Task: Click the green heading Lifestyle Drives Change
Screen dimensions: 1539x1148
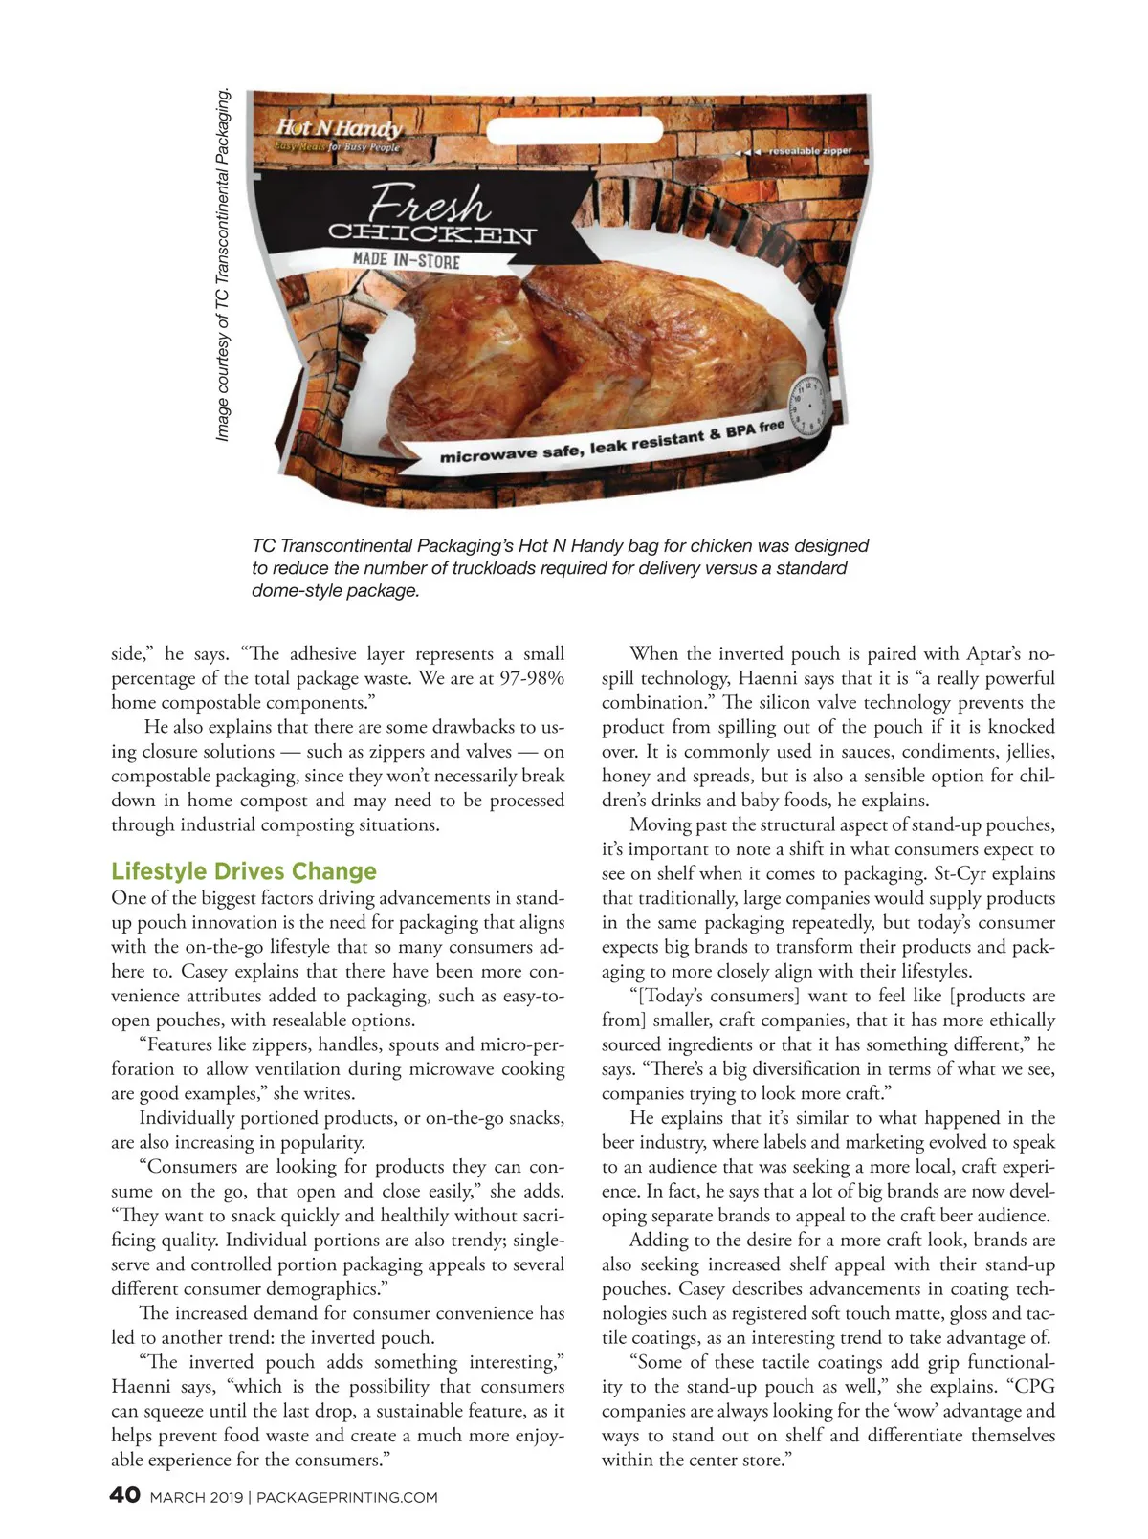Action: pyautogui.click(x=244, y=871)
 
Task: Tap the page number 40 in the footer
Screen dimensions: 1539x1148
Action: pyautogui.click(x=125, y=1495)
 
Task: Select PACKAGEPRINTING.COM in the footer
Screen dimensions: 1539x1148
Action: pyautogui.click(x=347, y=1497)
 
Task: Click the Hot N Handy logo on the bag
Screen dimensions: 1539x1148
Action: pyautogui.click(x=340, y=128)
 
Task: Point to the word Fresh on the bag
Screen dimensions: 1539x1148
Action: pyautogui.click(x=430, y=203)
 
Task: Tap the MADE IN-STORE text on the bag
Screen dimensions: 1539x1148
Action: pyautogui.click(x=406, y=260)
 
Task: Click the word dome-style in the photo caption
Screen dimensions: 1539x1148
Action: pyautogui.click(x=288, y=590)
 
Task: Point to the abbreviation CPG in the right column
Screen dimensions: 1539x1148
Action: pyautogui.click(x=1034, y=1387)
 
